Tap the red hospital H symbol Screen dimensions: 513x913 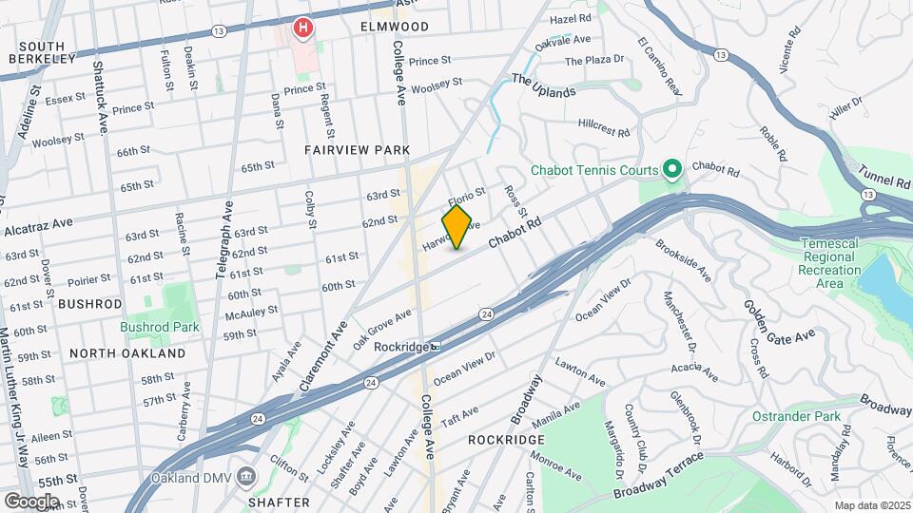coord(302,28)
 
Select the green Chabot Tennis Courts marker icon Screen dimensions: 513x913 coord(672,170)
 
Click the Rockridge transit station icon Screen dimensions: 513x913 coord(434,347)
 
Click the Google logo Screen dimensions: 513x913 coord(31,501)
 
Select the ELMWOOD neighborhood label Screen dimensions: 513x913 coord(395,27)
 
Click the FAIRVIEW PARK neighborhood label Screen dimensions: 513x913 coord(358,150)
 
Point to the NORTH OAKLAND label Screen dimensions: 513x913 coord(127,353)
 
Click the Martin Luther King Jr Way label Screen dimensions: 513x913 coord(13,399)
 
